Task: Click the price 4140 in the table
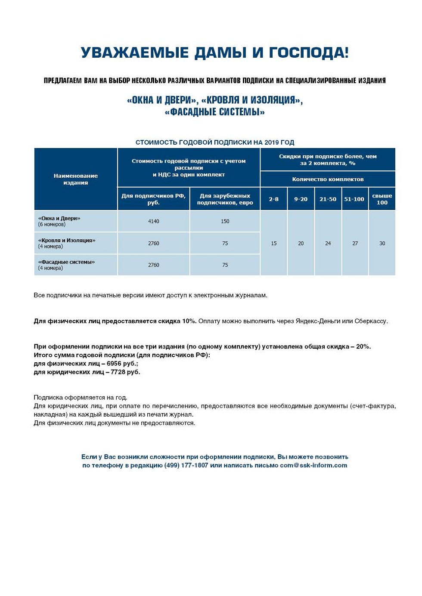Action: point(154,221)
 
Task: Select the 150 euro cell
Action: point(225,221)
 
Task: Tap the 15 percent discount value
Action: point(274,244)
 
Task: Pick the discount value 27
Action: point(355,244)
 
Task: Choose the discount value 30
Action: point(382,244)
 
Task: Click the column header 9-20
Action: point(301,199)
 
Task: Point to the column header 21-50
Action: point(328,199)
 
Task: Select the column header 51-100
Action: point(354,199)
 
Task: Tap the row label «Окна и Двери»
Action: point(59,218)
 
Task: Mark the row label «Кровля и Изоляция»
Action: point(67,240)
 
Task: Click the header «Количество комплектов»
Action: point(328,179)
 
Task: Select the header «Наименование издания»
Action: point(76,179)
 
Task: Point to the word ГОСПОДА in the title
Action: point(309,53)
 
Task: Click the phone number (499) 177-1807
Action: point(186,465)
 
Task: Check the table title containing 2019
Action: point(215,142)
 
